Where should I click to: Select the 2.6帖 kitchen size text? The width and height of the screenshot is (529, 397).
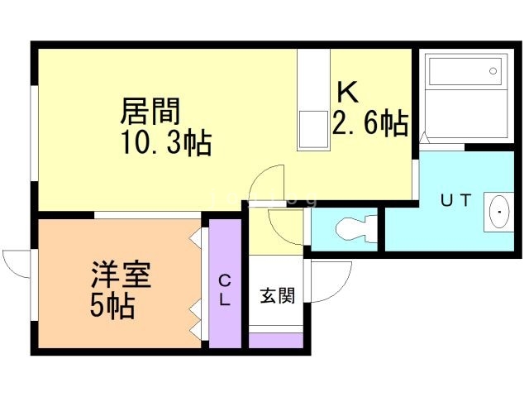369,123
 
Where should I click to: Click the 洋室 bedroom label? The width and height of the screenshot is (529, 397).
121,275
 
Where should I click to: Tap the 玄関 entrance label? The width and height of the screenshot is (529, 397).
277,294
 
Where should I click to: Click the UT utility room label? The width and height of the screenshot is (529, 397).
455,201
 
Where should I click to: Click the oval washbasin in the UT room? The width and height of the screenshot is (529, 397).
501,213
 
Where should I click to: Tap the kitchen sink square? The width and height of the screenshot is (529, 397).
313,128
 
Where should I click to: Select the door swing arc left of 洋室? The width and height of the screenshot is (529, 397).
17,264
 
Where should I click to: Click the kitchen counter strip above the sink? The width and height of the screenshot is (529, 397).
313,79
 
